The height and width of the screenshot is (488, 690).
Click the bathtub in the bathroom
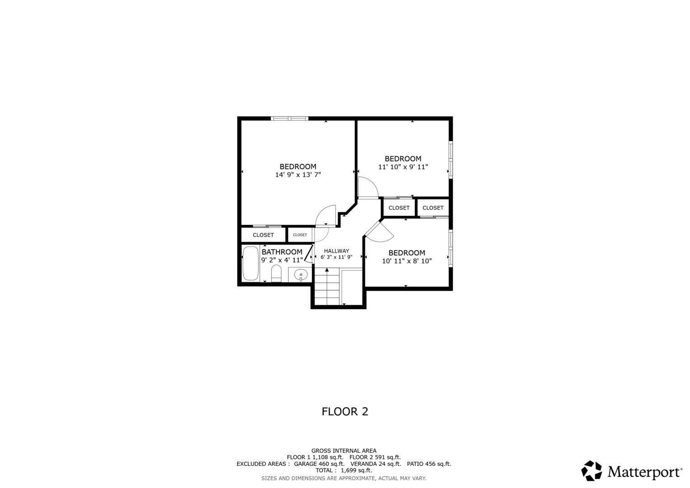pyautogui.click(x=250, y=263)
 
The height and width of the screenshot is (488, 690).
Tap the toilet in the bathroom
pyautogui.click(x=276, y=273)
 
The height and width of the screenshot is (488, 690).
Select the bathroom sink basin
pyautogui.click(x=300, y=274)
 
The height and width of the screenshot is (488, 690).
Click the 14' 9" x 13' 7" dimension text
pyautogui.click(x=298, y=175)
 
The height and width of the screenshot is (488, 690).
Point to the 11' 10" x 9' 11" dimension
pyautogui.click(x=403, y=167)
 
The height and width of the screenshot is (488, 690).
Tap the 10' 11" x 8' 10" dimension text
pyautogui.click(x=407, y=261)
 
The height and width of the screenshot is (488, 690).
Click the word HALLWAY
pyautogui.click(x=336, y=251)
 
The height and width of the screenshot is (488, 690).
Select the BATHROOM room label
pyautogui.click(x=282, y=252)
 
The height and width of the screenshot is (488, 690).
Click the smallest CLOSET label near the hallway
pyautogui.click(x=300, y=235)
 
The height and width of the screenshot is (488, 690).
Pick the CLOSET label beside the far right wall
pyautogui.click(x=433, y=208)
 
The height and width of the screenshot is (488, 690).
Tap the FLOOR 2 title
pyautogui.click(x=345, y=412)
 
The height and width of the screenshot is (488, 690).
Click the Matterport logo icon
pyautogui.click(x=591, y=471)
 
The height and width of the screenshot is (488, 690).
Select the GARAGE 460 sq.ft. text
pyautogui.click(x=319, y=464)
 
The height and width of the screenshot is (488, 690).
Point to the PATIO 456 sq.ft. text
pyautogui.click(x=429, y=464)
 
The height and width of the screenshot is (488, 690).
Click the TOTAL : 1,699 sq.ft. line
pyautogui.click(x=344, y=470)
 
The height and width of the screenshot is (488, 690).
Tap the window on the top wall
pyautogui.click(x=290, y=118)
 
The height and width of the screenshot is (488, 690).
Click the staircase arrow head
pyautogui.click(x=327, y=270)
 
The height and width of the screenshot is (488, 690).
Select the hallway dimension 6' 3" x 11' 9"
pyautogui.click(x=336, y=257)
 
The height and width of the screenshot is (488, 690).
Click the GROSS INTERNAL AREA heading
pyautogui.click(x=344, y=451)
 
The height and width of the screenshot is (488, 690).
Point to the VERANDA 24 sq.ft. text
pyautogui.click(x=376, y=464)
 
